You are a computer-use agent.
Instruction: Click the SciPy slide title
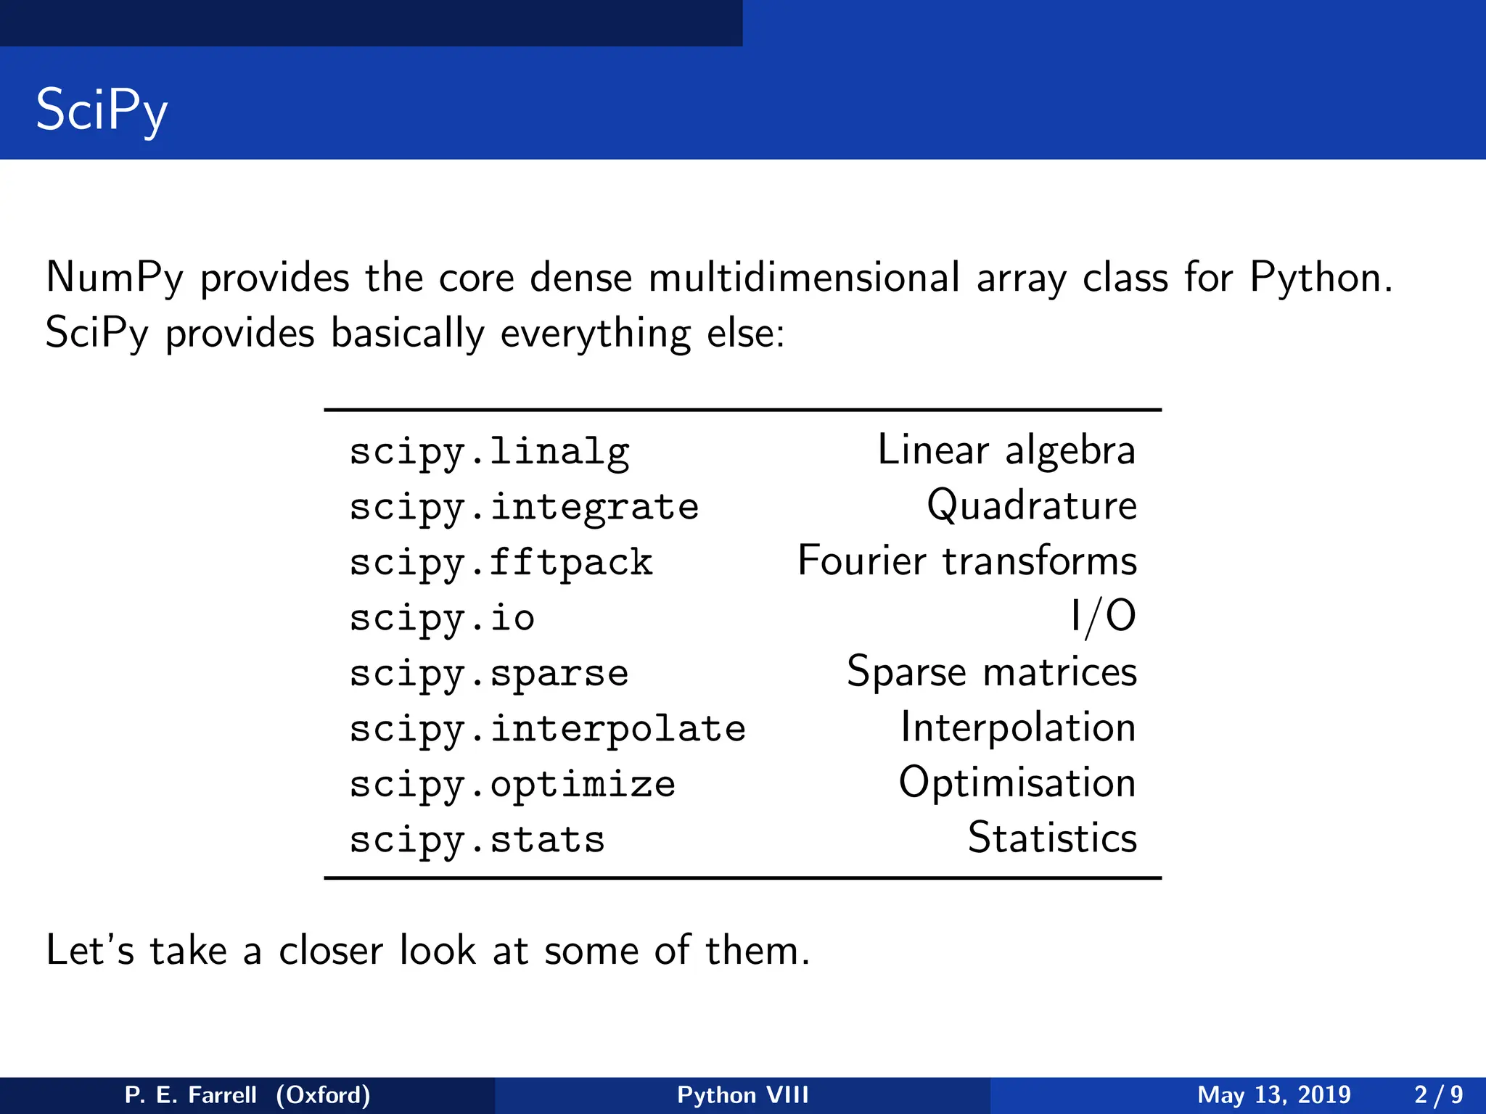point(102,110)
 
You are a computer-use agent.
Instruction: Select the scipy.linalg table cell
point(489,452)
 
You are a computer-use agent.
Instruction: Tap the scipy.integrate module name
point(524,507)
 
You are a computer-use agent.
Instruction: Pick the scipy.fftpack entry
point(501,563)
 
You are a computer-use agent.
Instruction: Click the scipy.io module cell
point(442,619)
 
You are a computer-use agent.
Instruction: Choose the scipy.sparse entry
point(488,674)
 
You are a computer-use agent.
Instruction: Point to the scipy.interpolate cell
point(547,730)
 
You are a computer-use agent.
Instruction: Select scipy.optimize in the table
point(512,785)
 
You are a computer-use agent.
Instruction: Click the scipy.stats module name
point(477,841)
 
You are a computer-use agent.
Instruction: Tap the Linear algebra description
point(1006,450)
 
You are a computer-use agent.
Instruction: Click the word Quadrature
point(1031,506)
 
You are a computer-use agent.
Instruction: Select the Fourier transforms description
point(966,561)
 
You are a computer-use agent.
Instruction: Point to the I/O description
point(1103,617)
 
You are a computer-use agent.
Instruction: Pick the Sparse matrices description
point(991,672)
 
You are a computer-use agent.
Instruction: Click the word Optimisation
point(1017,783)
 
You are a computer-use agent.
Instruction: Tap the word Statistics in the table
point(1052,838)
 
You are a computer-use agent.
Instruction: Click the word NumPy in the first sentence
point(115,278)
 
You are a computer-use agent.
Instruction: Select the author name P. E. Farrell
point(191,1095)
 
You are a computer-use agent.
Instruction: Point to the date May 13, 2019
point(1273,1095)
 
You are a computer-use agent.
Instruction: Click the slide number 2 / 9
point(1438,1095)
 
